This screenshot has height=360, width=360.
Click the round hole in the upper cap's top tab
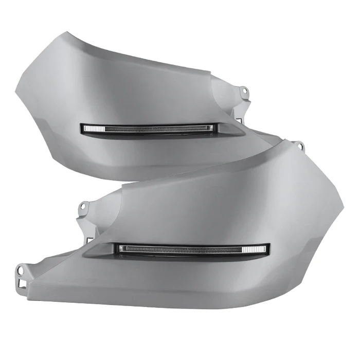(x=245, y=92)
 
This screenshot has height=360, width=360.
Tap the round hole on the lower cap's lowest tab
(x=21, y=268)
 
